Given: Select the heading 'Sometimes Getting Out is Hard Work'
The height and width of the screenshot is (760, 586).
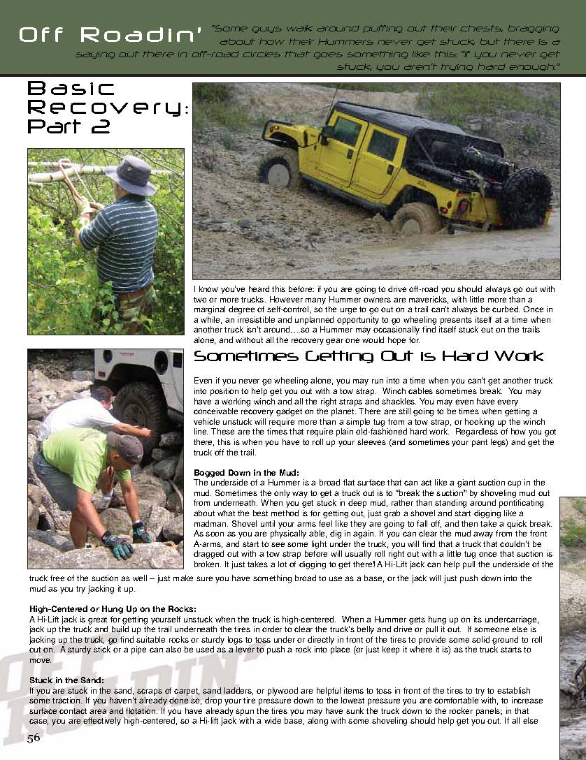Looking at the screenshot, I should [x=368, y=356].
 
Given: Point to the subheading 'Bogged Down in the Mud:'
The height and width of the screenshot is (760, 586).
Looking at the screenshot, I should [x=246, y=473].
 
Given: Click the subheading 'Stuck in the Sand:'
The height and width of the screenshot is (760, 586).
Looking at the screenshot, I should [x=67, y=679].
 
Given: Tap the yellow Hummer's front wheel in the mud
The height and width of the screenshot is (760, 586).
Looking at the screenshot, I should [x=280, y=171].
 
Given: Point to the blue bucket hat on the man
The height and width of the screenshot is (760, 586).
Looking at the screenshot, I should [x=130, y=175].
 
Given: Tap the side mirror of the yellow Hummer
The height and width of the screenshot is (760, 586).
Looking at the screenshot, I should [x=327, y=133].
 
